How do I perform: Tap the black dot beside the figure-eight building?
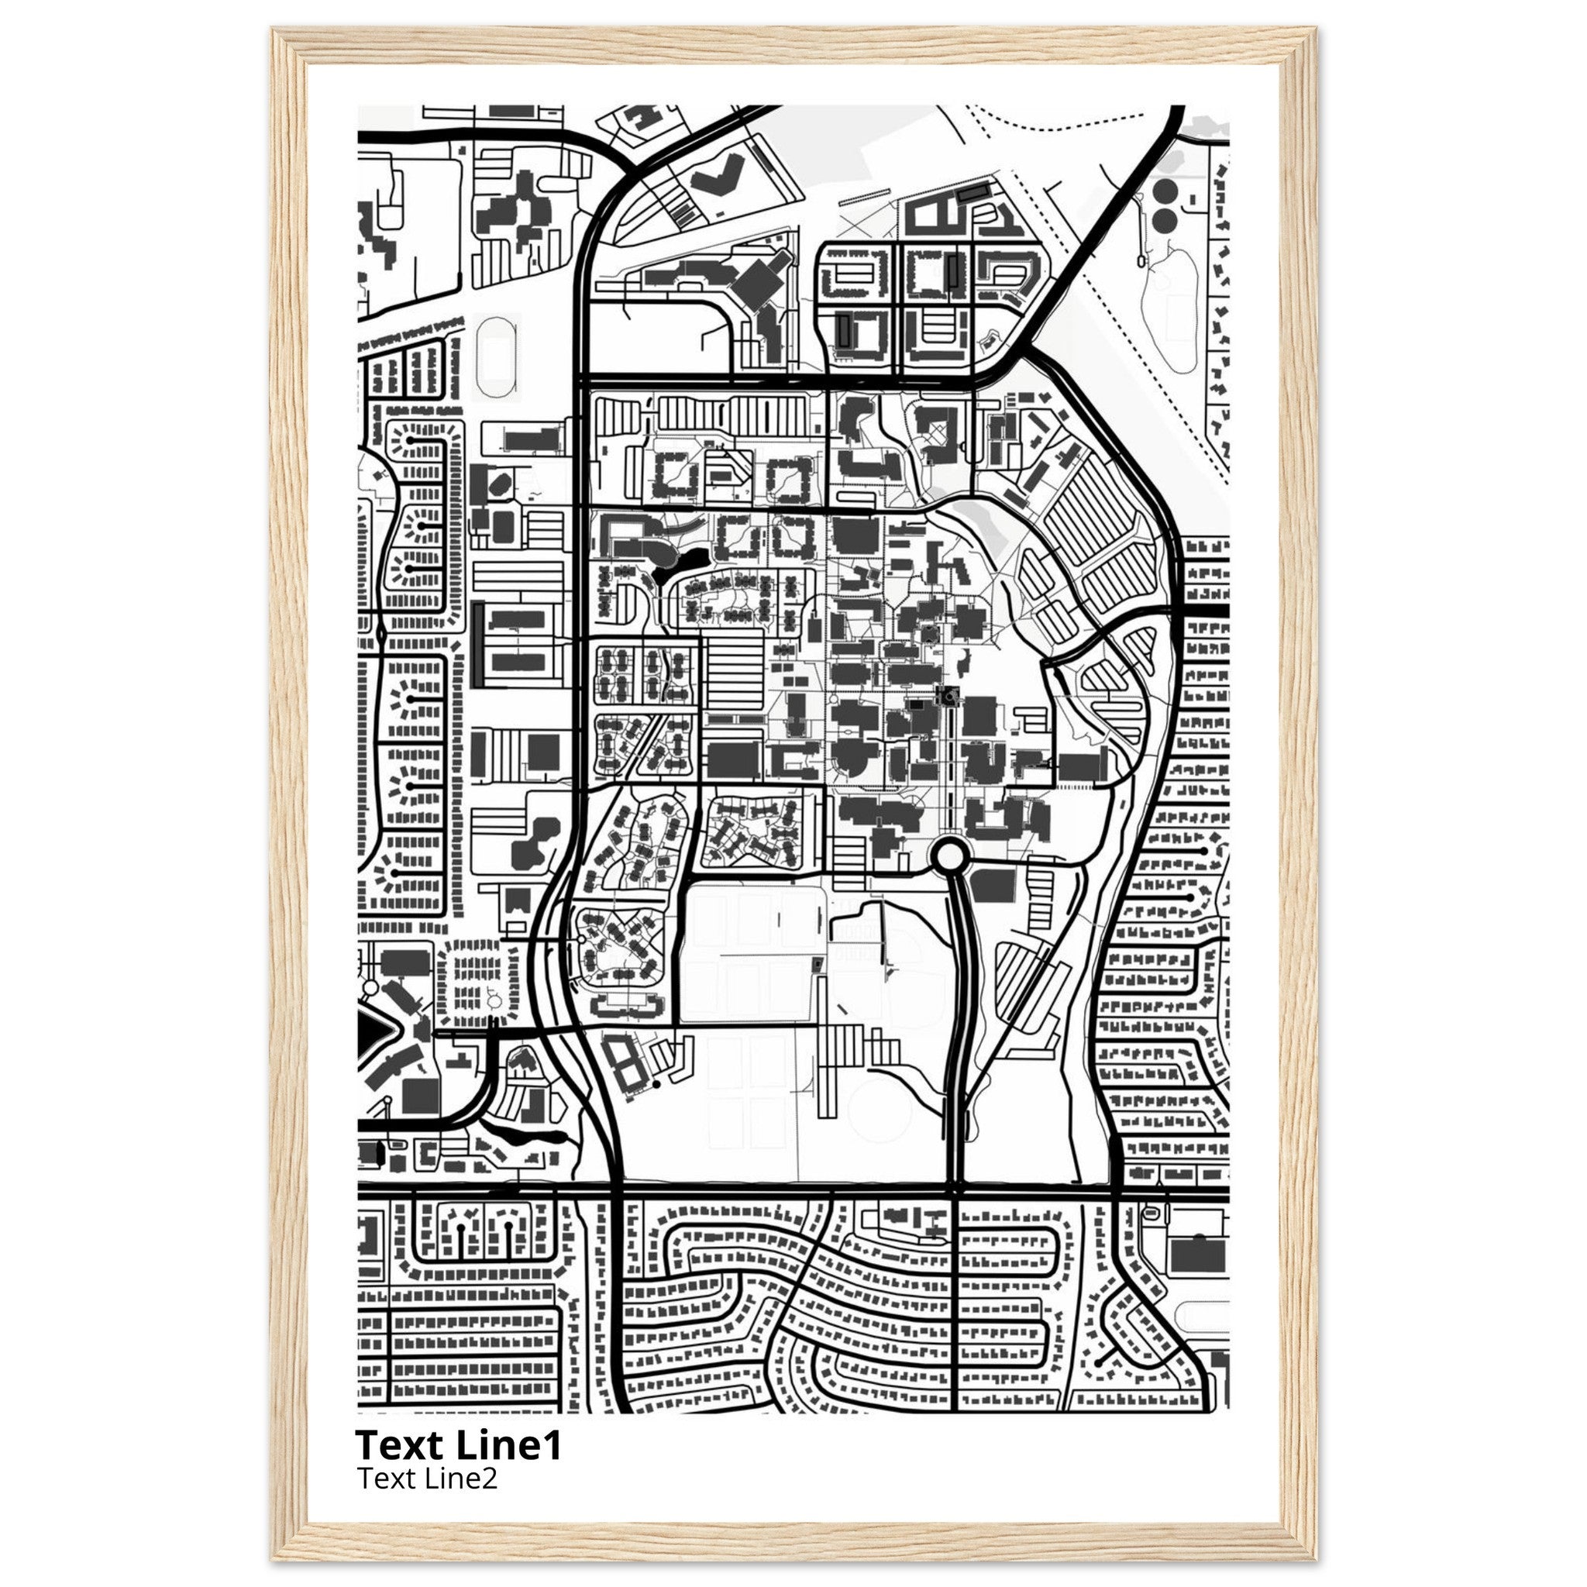656,1085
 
